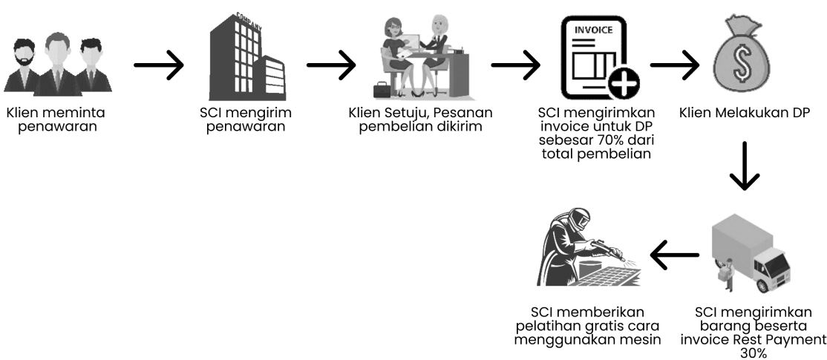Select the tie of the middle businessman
click(x=56, y=77)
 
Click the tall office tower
click(x=235, y=56)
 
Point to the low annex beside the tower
click(x=270, y=78)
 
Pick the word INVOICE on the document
click(x=593, y=32)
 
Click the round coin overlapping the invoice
click(x=623, y=80)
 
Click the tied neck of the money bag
click(x=741, y=32)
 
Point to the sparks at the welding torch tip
click(x=628, y=260)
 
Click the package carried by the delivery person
click(x=721, y=274)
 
